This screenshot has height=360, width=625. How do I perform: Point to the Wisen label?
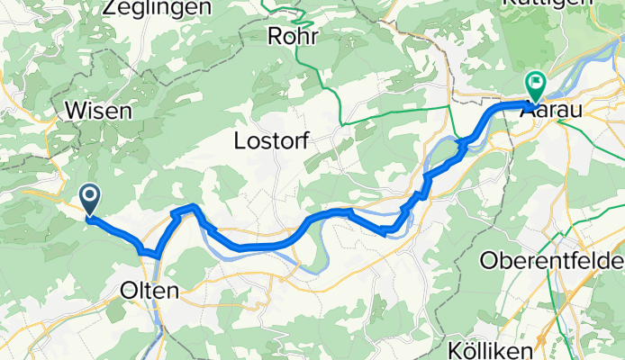(99, 111)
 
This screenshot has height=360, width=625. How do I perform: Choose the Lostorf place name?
(274, 140)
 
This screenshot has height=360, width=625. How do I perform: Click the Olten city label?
(149, 291)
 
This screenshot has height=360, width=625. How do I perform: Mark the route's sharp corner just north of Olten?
(158, 256)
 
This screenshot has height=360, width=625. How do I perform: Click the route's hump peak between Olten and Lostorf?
(191, 208)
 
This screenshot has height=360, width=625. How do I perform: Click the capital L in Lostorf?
(240, 140)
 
